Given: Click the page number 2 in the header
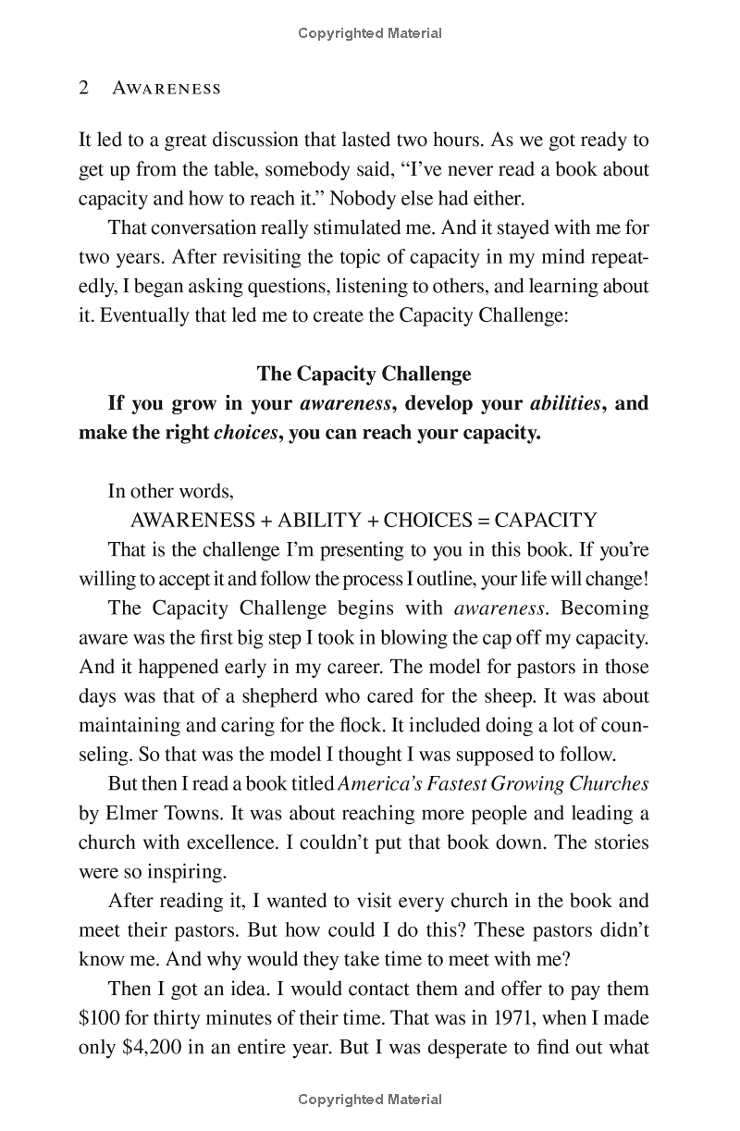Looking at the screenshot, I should point(83,88).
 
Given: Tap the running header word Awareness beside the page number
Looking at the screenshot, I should point(166,89).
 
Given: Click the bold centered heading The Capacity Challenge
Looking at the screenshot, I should point(364,374).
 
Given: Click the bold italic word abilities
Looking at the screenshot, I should point(564,403).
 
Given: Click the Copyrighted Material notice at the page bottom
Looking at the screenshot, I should point(370,1100).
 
